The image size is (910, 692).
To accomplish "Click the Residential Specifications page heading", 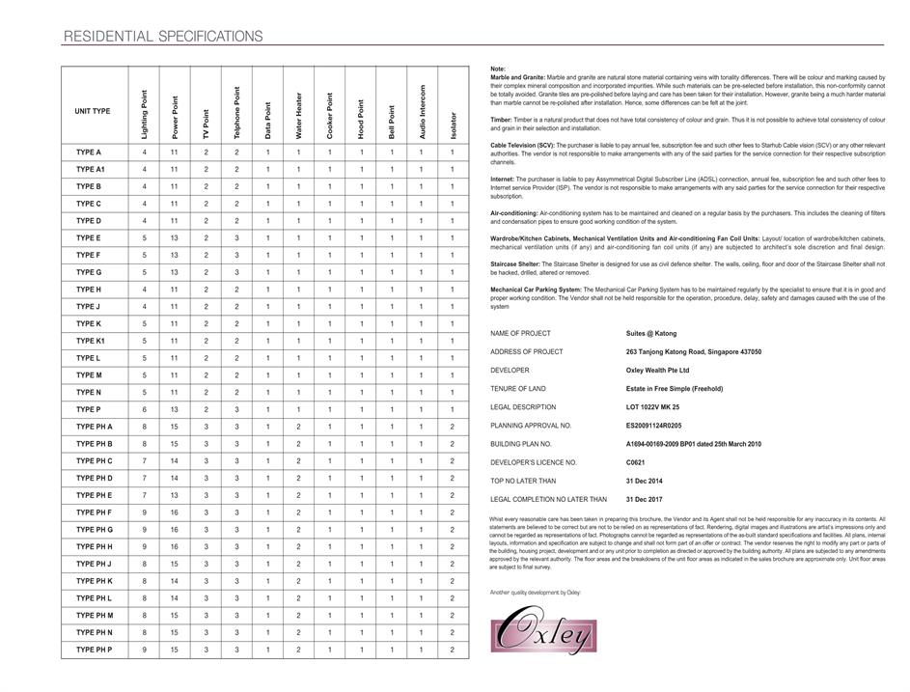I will click(162, 37).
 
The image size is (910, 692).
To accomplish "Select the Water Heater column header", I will click(298, 116).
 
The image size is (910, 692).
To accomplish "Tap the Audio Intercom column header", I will click(422, 112).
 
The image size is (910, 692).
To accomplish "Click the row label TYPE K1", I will click(89, 341).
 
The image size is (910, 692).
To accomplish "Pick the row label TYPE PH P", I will click(94, 650).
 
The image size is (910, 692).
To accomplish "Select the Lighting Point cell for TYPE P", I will click(145, 409).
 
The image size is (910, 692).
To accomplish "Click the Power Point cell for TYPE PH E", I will click(175, 495).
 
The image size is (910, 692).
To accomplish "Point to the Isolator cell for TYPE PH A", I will click(452, 427).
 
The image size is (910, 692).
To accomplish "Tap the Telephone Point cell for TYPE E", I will click(236, 237).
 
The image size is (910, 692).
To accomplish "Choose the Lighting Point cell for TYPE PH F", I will click(145, 512).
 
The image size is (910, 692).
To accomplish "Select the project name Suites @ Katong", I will click(651, 333).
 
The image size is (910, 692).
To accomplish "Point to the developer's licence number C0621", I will click(636, 462).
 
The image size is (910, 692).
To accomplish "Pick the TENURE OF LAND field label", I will click(518, 389).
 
